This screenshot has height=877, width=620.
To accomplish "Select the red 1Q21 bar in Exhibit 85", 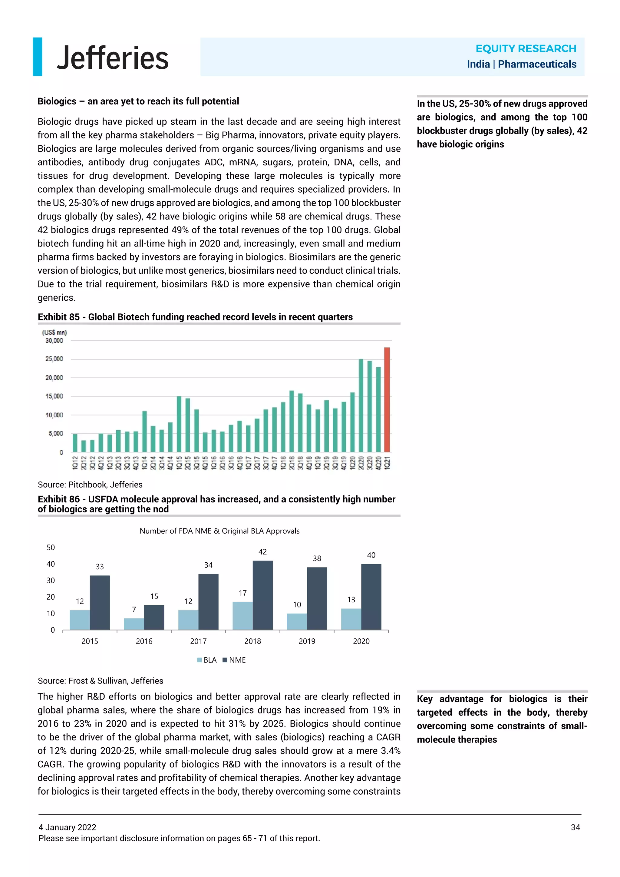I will coord(387,399).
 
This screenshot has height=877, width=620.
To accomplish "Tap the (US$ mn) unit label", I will coord(54,332).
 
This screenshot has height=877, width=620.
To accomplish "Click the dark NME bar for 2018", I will coord(263,595).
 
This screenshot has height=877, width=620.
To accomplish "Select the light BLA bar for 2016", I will coord(134,624).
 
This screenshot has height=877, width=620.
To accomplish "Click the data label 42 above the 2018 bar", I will coord(263,551).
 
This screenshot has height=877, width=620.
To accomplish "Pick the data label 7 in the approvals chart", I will coord(134,609).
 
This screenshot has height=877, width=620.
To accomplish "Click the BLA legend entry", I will coord(207,660).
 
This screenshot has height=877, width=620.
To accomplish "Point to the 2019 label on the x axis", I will coord(307,641).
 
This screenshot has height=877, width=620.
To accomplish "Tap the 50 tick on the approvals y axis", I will coord(51,547).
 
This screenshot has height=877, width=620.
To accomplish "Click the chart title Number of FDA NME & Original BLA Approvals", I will coord(219,531).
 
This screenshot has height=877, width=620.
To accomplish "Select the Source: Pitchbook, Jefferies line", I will coord(90,484).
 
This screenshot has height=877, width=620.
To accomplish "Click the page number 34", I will coord(575,827).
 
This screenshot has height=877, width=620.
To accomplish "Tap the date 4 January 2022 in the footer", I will coord(68,827).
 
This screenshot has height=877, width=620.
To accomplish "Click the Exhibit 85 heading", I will coord(195,317).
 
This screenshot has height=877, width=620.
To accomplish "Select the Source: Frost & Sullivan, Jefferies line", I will coord(101,681).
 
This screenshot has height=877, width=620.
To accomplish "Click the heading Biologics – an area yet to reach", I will coord(138,101).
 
